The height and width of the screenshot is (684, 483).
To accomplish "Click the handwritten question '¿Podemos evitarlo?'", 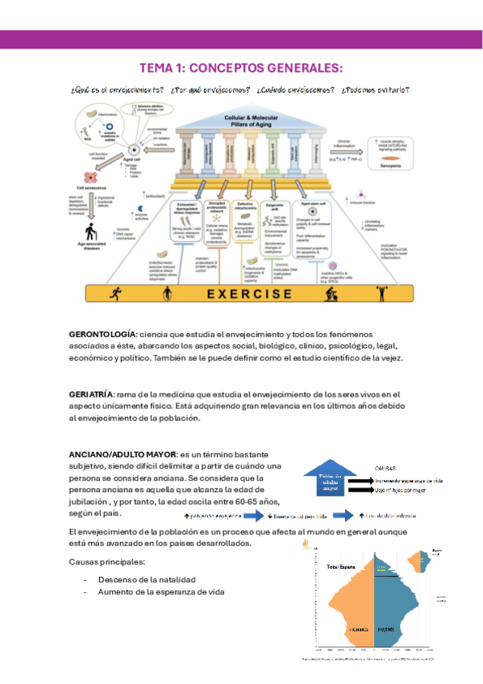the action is (x=376, y=90).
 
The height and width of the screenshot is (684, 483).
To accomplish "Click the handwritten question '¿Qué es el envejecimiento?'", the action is (x=118, y=90).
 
